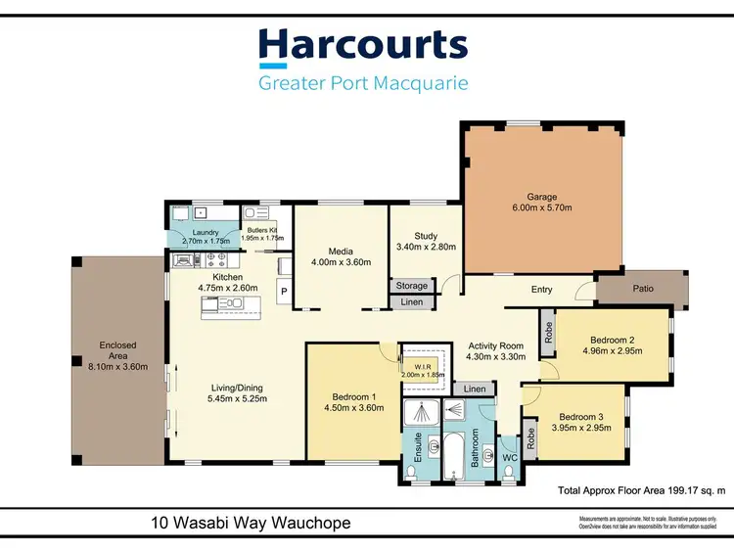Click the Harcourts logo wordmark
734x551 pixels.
tap(363, 47)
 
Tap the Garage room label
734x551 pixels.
tap(542, 196)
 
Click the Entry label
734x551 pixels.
tap(542, 290)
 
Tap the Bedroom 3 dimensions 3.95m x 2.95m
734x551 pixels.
tap(576, 428)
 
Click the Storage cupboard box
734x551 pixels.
tap(412, 286)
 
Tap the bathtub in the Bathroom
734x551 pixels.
tap(454, 458)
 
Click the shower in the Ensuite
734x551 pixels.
tap(420, 415)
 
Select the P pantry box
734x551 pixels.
tap(284, 291)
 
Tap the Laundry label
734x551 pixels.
tap(198, 233)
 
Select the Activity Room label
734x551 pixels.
tap(496, 345)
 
